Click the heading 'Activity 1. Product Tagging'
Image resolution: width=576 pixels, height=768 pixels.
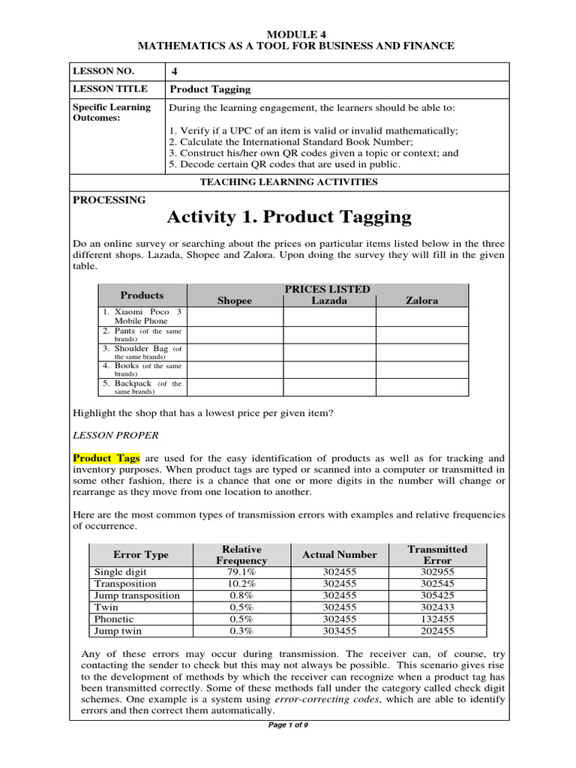[x=289, y=217]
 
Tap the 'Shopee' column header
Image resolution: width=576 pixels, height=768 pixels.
[x=235, y=301]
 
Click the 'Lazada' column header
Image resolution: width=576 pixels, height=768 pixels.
[x=329, y=301]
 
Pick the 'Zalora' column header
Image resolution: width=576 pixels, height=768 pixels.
[x=421, y=301]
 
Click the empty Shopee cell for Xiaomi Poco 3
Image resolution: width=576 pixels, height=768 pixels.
[x=235, y=316]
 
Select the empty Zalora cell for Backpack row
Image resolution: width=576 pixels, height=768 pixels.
[x=421, y=387]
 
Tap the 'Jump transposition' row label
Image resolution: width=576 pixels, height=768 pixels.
[x=137, y=595]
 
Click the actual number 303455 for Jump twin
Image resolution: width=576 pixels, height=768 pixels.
[x=339, y=631]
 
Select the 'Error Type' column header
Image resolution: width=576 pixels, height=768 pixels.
[x=141, y=555]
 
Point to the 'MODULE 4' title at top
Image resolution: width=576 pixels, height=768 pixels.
[x=288, y=34]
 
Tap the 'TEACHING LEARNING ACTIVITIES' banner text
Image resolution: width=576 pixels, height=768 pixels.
[x=289, y=182]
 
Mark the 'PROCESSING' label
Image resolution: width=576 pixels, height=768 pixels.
[x=109, y=200]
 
